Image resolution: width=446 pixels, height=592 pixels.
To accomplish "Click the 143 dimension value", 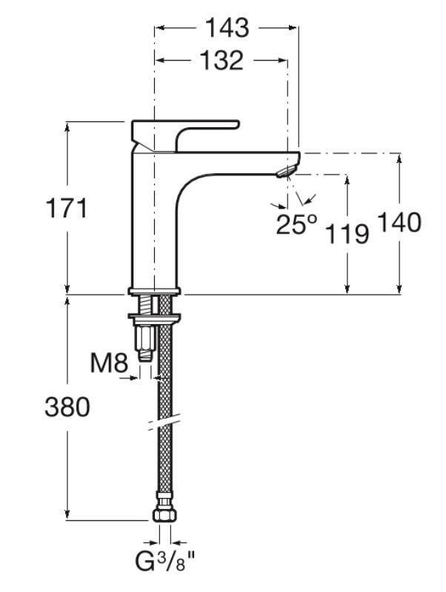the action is (227, 27).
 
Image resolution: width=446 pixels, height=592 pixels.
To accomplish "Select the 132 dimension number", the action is (221, 61).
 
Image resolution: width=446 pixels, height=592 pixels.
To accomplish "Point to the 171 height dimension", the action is (67, 208).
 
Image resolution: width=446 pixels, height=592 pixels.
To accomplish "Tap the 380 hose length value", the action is (67, 407).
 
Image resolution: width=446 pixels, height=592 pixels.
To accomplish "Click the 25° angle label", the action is (296, 223).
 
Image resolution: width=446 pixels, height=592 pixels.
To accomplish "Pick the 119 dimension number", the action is (347, 233).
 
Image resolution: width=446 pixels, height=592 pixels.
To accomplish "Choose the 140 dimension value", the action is (399, 222).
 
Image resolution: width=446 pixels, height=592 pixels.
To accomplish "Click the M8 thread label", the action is (109, 363).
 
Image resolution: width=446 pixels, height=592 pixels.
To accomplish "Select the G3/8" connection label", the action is (165, 571).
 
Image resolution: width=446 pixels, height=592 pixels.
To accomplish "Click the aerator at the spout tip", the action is (287, 172).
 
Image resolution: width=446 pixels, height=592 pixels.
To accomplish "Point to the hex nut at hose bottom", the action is (164, 515).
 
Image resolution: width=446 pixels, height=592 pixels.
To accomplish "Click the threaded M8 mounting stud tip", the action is (145, 356).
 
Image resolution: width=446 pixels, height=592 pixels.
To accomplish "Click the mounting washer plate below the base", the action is (154, 316).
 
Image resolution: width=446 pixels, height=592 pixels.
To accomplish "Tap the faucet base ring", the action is (154, 291).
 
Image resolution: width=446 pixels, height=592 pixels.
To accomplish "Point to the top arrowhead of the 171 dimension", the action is (67, 127).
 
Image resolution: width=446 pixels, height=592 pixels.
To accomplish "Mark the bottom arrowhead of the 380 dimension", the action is (67, 515).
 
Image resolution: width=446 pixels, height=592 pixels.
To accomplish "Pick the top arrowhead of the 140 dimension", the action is (399, 158).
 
